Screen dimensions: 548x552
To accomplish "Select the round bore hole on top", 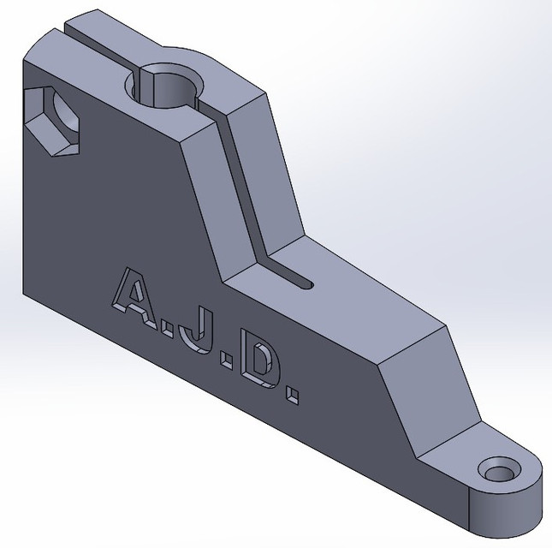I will (169, 87).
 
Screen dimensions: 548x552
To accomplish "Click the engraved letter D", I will (255, 370).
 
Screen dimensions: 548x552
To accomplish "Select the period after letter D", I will (294, 396).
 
